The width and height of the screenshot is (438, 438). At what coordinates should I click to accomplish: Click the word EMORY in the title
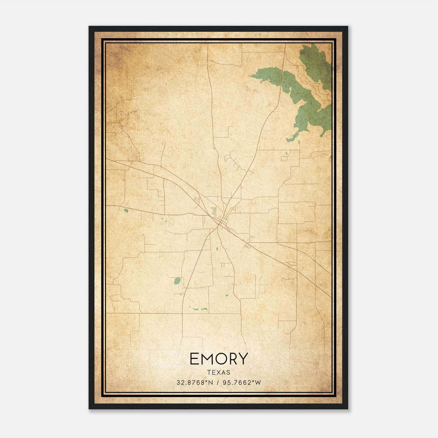pos(219,359)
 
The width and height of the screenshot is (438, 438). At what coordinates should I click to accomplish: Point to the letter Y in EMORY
pos(243,359)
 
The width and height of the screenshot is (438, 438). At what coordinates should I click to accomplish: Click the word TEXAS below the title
pos(219,373)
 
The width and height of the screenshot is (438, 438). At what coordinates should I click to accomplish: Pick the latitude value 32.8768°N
pos(195,383)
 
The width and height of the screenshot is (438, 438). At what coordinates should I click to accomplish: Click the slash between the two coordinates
pos(217,383)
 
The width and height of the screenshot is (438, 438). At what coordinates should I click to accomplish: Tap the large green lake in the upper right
pos(304,93)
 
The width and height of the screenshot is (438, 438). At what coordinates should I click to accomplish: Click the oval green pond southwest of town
pos(177,281)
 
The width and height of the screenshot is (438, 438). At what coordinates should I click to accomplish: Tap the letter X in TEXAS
pos(219,373)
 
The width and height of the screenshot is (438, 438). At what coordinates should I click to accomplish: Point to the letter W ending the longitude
pos(258,383)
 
